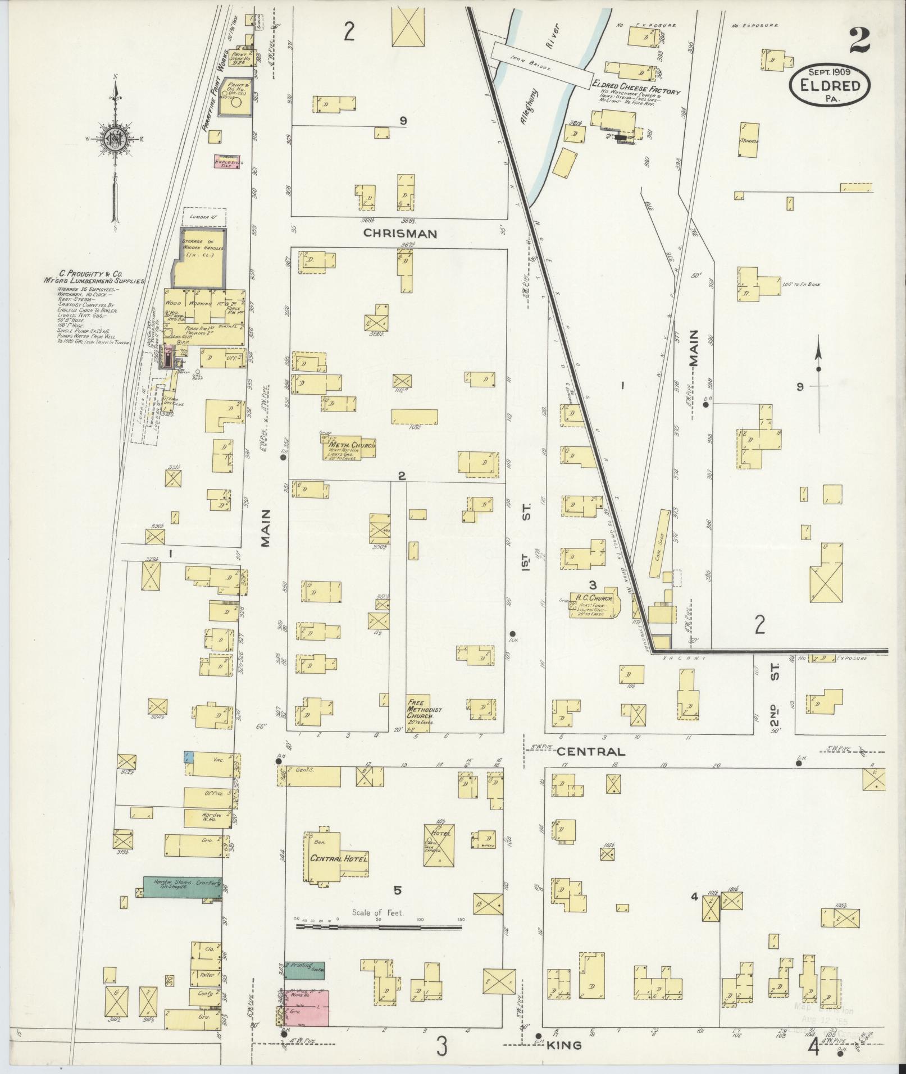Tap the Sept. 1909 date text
point(829,71)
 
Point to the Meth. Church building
point(348,447)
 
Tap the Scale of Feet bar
point(379,928)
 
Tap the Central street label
point(591,751)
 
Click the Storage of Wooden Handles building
point(202,258)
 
